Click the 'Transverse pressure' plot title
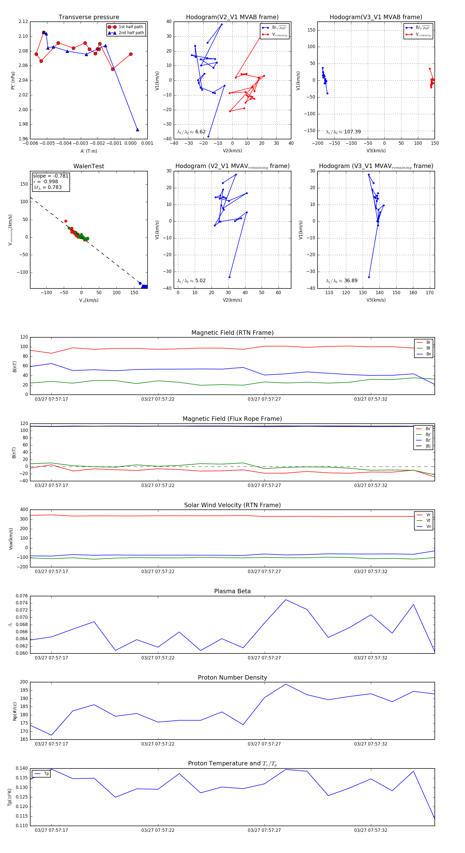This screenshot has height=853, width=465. [89, 17]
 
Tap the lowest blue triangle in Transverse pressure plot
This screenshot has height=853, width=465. [137, 130]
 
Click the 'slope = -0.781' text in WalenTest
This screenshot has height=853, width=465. [50, 176]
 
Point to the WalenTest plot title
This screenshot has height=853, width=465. [89, 166]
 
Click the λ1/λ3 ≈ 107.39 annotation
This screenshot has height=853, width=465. [343, 132]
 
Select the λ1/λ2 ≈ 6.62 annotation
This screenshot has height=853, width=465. [191, 132]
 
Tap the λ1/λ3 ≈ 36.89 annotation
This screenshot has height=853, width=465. [342, 281]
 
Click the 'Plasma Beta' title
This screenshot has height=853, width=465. [232, 591]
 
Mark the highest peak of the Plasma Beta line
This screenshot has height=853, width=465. [286, 600]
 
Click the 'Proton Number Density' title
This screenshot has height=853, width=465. [232, 677]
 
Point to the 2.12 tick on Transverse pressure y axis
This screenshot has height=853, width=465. [23, 21]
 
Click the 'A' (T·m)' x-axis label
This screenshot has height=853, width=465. [89, 151]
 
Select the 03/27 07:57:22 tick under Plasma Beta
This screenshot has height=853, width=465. [158, 658]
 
